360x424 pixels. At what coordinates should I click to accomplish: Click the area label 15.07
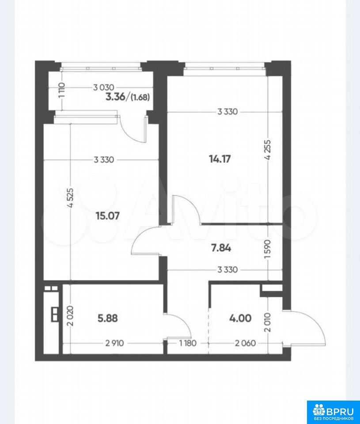[108, 216]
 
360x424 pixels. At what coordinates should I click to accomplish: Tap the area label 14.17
[220, 159]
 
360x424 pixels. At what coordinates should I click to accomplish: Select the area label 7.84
[221, 248]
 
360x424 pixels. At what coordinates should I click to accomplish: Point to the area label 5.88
[108, 318]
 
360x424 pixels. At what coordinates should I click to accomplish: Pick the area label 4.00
[240, 318]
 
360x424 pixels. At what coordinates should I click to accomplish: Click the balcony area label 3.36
[115, 97]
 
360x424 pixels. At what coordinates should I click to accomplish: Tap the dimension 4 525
[70, 198]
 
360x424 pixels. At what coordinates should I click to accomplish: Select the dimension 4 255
[268, 150]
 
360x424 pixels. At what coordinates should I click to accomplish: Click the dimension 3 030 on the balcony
[104, 87]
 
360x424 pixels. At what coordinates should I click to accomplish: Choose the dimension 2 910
[114, 343]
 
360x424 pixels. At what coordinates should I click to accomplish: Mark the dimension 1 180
[188, 343]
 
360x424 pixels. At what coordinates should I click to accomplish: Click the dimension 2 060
[246, 343]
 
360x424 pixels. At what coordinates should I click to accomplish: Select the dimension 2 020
[70, 315]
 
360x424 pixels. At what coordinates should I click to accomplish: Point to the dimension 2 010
[268, 322]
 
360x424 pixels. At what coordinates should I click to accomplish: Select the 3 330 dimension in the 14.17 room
[227, 111]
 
